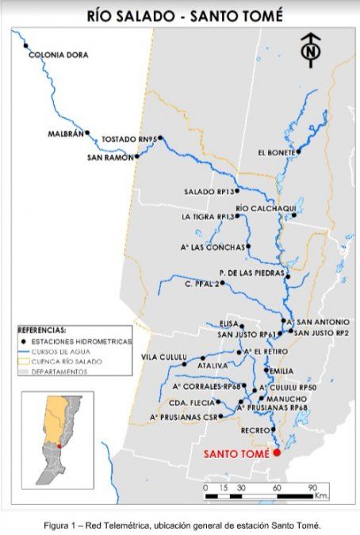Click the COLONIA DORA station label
pos(53,55)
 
